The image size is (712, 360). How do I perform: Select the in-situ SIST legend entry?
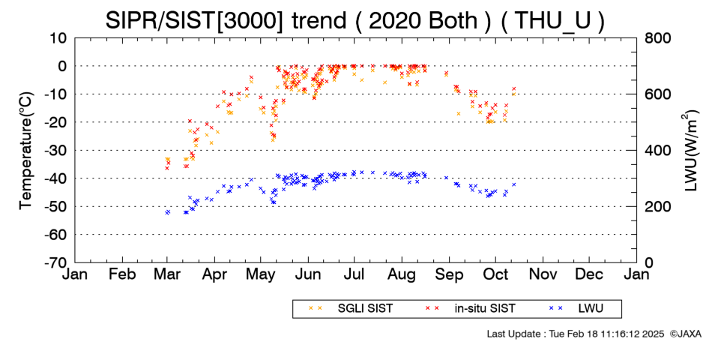[471, 308]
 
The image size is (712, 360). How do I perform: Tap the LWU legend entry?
[576, 308]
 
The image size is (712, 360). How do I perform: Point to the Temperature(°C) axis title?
[26, 151]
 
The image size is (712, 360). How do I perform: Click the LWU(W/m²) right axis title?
[690, 151]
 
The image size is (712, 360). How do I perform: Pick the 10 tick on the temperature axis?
[58, 38]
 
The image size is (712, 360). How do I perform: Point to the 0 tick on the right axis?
[649, 262]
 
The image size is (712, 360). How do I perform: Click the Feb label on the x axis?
[122, 274]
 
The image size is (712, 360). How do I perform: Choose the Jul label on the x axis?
[354, 274]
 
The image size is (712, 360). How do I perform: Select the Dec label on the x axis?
[589, 274]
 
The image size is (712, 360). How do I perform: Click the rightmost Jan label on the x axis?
[636, 274]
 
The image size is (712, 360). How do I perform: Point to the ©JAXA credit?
[685, 334]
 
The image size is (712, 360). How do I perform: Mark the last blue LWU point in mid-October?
[514, 184]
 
